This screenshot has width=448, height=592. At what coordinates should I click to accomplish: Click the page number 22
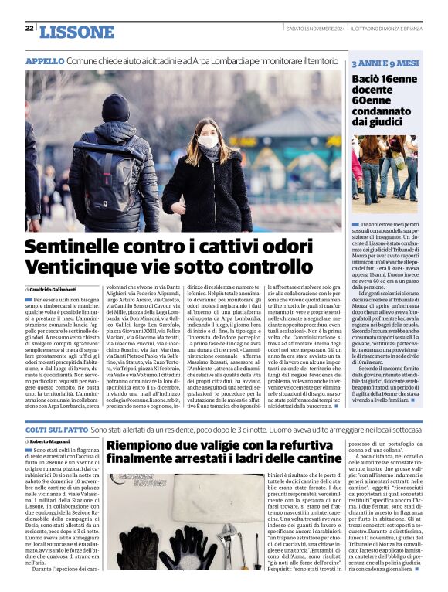pos(29,29)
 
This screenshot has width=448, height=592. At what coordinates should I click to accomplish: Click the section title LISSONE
pos(76,32)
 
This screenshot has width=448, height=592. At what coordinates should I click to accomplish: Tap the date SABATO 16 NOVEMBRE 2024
pos(314,29)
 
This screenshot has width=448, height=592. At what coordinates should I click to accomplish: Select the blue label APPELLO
pos(44,61)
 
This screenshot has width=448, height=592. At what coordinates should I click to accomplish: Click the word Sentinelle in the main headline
pos(80,249)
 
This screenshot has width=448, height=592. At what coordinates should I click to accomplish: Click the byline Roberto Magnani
pos(54,441)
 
